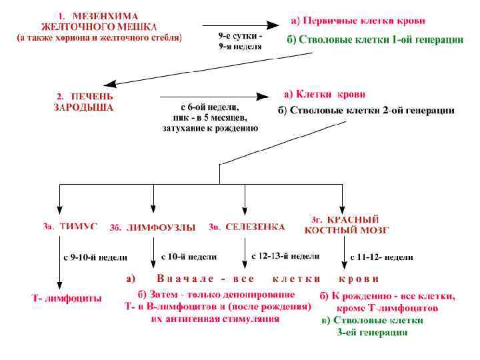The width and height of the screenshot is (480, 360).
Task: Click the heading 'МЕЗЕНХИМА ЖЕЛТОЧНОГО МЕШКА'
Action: tap(100, 21)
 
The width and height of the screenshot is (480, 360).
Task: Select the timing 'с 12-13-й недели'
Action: tap(285, 256)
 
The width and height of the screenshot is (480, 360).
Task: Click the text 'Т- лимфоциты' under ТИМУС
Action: tap(67, 299)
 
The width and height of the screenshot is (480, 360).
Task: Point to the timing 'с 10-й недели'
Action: tap(189, 256)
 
